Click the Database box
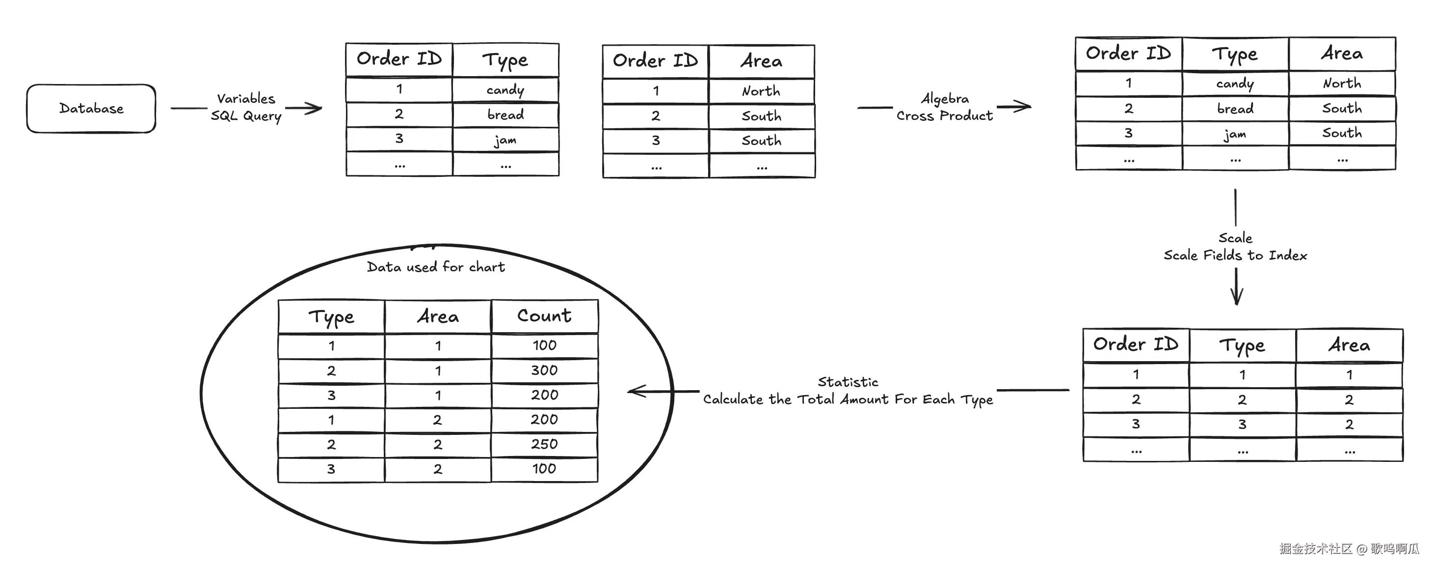91,109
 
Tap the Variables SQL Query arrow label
246,108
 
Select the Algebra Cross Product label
944,108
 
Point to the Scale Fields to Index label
1235,255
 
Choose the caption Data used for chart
436,267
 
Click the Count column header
544,316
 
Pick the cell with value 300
544,370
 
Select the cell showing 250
544,444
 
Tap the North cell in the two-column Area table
761,91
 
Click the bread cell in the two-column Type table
505,115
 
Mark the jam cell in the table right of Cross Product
1235,134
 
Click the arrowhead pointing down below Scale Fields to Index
1236,298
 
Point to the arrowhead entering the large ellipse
635,391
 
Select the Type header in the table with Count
331,317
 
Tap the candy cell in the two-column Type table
505,90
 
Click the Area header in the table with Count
438,316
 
